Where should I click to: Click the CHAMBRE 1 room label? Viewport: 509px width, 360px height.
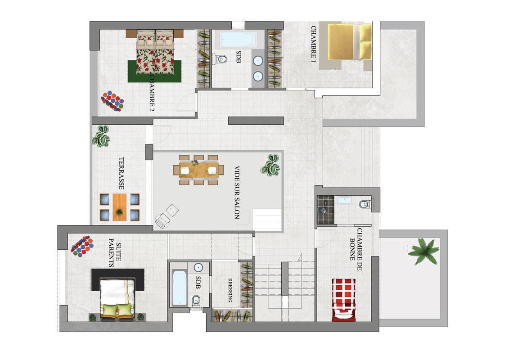pos(313,41)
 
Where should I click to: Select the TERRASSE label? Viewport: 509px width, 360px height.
pos(122,173)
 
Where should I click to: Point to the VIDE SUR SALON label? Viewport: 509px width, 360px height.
pos(237,192)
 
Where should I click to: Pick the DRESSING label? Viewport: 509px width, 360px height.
pos(230,290)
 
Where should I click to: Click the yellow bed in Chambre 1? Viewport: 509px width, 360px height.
pos(350,41)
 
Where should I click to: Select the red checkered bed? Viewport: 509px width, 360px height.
pos(344,300)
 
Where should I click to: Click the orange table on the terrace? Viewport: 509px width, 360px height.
pos(119,207)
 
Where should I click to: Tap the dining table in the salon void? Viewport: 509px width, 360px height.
pos(198,170)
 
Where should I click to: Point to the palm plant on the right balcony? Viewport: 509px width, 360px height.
pos(423,250)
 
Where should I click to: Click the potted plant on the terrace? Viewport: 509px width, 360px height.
pos(101,136)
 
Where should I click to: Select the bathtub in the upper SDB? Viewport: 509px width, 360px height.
pos(237,39)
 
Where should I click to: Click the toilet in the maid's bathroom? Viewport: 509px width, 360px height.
pos(365,204)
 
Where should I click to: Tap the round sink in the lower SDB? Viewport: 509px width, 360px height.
pos(198,267)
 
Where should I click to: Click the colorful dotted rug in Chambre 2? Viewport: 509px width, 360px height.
pos(113,101)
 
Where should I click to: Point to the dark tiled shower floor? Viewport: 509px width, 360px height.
pos(325,210)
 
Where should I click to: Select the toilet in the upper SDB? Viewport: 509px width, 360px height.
pos(221,59)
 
